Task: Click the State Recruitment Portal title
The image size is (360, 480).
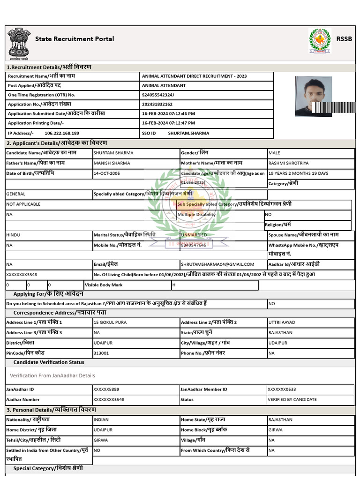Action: click(75, 39)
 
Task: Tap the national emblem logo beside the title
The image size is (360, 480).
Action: click(19, 44)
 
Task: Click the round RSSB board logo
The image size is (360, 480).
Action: click(320, 41)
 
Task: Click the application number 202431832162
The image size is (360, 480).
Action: click(157, 105)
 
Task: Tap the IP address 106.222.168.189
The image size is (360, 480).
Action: click(61, 133)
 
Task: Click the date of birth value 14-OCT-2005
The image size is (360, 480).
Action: click(107, 173)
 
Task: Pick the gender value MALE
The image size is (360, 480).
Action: click(274, 153)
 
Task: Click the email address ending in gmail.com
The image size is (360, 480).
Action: click(217, 264)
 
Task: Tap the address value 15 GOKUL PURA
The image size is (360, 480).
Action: click(110, 322)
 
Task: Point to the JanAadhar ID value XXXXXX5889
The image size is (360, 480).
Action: click(106, 390)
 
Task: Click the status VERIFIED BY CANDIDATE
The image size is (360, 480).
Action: click(292, 400)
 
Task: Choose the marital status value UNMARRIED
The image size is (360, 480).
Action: click(194, 234)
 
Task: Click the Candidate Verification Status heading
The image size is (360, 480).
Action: click(49, 362)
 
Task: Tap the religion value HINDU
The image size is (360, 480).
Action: click(13, 234)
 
